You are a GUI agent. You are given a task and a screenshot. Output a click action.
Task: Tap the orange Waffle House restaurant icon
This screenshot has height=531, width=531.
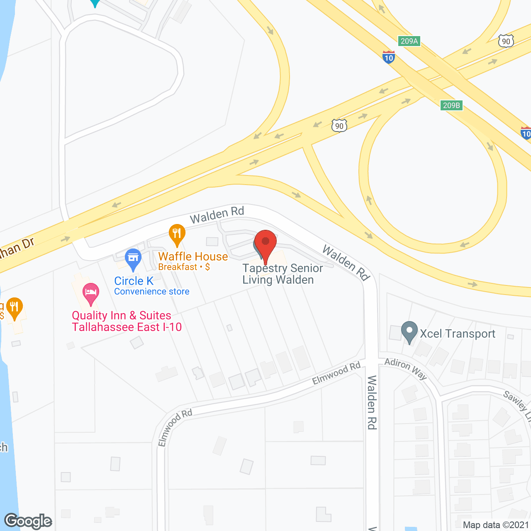[177, 235]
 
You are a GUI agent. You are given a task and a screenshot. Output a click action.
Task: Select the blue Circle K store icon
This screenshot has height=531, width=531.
[133, 259]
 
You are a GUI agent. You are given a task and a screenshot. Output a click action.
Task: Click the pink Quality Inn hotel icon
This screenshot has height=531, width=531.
[90, 293]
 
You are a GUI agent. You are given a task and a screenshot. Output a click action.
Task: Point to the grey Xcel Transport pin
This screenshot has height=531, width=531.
[409, 332]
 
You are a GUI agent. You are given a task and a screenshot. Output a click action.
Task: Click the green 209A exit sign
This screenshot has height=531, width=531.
[409, 41]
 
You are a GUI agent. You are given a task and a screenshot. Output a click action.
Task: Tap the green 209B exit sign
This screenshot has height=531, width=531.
[451, 105]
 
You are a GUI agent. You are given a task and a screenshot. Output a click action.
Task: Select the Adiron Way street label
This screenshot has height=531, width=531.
[405, 368]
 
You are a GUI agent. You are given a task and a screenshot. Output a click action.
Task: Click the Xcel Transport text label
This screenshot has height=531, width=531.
[458, 334]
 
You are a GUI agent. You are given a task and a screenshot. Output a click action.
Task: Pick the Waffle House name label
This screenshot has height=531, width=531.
[193, 256]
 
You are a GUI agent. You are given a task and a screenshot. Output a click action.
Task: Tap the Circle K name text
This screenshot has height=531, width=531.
[134, 281]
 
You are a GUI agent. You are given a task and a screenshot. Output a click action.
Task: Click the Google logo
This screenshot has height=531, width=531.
[28, 521]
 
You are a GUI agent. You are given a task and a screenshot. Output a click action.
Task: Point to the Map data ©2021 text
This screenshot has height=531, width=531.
[496, 525]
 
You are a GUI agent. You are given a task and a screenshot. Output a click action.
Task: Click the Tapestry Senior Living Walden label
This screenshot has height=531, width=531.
[282, 274]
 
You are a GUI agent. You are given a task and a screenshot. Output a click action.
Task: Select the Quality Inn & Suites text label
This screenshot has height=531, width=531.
[127, 321]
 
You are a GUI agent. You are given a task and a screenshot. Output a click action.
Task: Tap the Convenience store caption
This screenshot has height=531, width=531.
[151, 292]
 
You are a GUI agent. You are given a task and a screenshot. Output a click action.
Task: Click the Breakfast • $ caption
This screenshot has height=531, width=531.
[184, 267]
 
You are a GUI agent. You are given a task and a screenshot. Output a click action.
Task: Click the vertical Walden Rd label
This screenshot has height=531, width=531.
[372, 402]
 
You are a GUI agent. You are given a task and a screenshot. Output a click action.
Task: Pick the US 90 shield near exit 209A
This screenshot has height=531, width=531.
[506, 41]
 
